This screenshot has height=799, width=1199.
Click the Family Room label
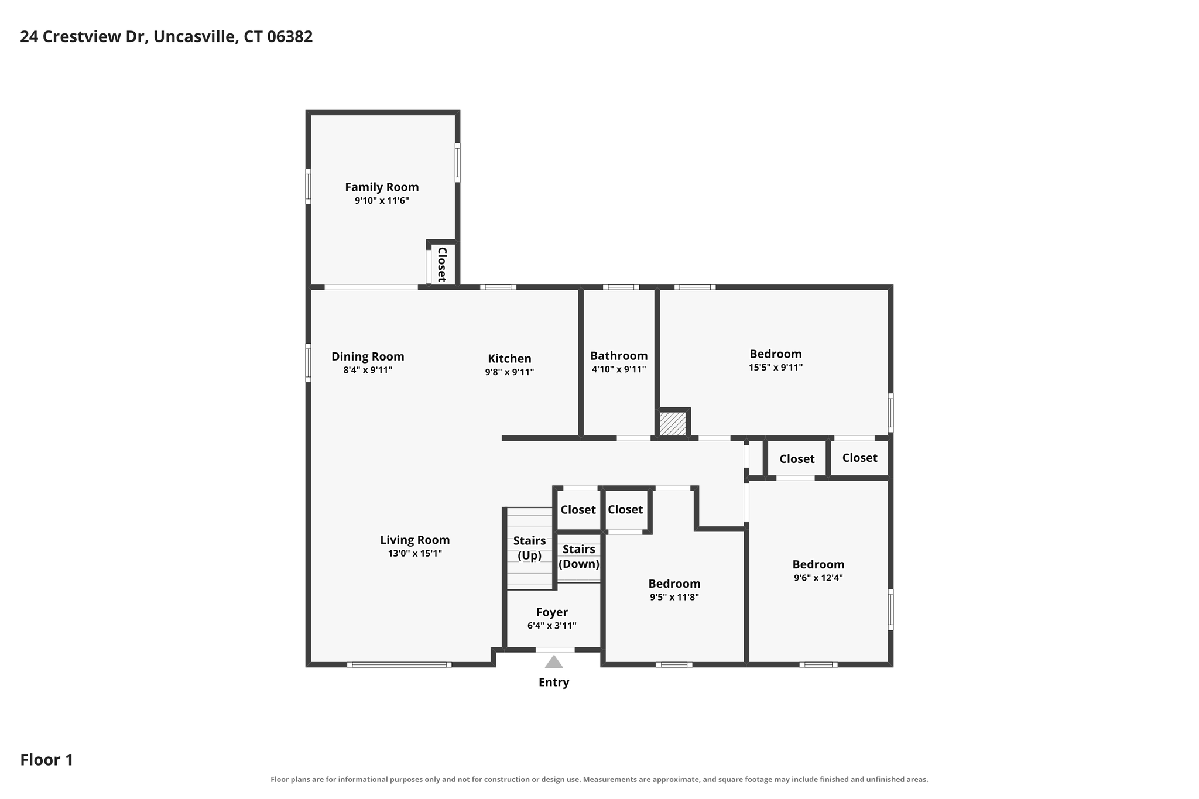tap(382, 187)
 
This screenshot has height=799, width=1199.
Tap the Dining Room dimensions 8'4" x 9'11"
tap(368, 370)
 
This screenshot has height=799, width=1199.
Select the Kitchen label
tap(509, 359)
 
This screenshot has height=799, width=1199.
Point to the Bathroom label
tap(619, 356)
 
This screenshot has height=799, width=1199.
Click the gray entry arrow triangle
tap(554, 662)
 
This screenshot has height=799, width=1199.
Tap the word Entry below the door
tap(554, 683)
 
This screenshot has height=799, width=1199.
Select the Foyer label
tap(552, 612)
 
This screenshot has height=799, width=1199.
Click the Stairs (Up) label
tap(529, 548)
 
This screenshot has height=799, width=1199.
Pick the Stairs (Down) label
tap(579, 557)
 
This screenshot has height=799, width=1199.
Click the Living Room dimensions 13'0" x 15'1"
tap(415, 553)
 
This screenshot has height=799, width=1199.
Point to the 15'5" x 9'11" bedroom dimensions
tap(776, 368)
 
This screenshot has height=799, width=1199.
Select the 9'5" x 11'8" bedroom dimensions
tap(674, 598)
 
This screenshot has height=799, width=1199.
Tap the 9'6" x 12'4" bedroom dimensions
tap(818, 578)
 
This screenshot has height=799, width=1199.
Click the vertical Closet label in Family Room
tap(442, 265)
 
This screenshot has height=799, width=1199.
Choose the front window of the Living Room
tap(399, 664)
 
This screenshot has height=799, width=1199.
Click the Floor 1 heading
tap(47, 760)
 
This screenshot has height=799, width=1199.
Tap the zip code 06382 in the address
tap(290, 37)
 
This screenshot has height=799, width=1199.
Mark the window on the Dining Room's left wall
tap(308, 363)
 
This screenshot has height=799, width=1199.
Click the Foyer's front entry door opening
tap(555, 649)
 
